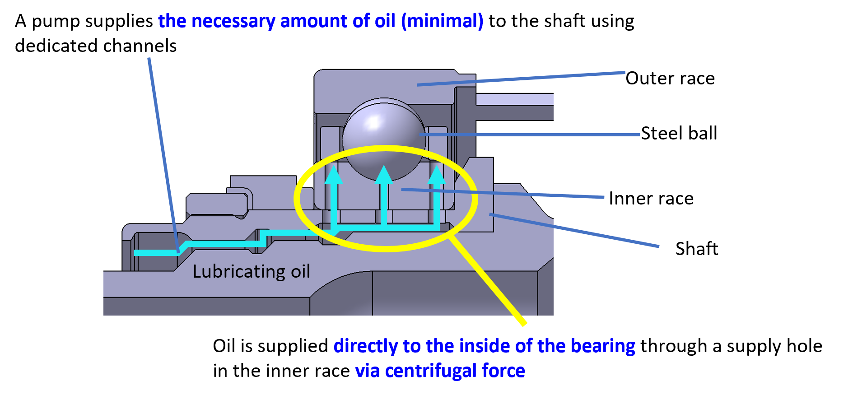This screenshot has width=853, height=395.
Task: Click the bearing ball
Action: point(384,140)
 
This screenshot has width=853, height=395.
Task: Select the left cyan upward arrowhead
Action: point(334,176)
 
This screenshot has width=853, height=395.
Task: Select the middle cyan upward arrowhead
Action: point(384,175)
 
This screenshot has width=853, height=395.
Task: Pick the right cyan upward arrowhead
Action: point(437,176)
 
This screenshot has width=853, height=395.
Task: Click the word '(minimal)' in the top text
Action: point(442,21)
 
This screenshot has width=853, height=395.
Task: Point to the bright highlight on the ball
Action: point(374,122)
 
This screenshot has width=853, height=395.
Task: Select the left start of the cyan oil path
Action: point(137,253)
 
